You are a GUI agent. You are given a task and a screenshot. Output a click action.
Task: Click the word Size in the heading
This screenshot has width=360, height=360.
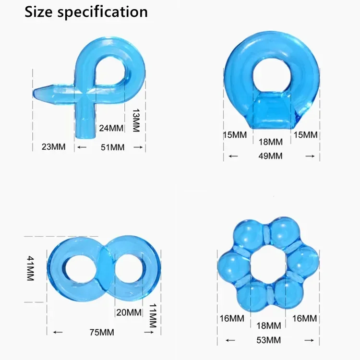pyautogui.click(x=38, y=12)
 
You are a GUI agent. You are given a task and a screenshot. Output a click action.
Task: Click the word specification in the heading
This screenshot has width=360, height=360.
pyautogui.click(x=102, y=12)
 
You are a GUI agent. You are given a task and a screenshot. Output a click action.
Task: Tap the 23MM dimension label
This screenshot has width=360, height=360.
pyautogui.click(x=53, y=147)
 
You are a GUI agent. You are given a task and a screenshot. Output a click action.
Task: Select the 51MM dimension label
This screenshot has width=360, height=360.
pyautogui.click(x=112, y=147)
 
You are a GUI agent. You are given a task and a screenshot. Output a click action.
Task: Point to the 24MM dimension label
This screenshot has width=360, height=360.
pyautogui.click(x=111, y=128)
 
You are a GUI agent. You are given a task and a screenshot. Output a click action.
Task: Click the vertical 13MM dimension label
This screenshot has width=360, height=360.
pyautogui.click(x=136, y=120)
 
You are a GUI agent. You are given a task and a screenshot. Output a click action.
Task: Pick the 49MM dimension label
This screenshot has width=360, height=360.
pyautogui.click(x=270, y=156)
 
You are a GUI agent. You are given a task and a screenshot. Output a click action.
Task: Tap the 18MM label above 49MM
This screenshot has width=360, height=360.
pyautogui.click(x=271, y=142)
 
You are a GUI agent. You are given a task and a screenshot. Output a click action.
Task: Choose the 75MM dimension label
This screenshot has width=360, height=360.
pyautogui.click(x=102, y=332)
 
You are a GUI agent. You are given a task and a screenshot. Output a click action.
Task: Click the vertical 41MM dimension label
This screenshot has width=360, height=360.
pyautogui.click(x=30, y=268)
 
